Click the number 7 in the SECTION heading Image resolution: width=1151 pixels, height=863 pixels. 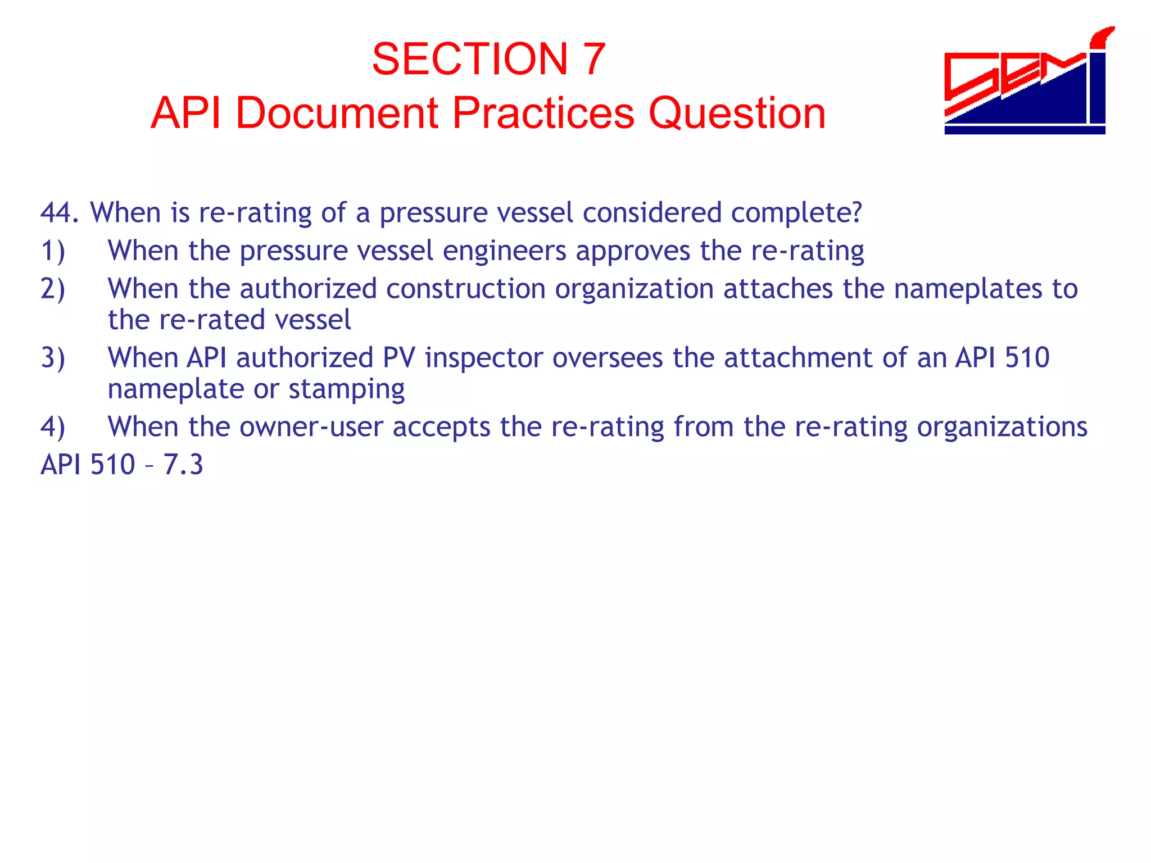(593, 59)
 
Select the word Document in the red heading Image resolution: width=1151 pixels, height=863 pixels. (336, 113)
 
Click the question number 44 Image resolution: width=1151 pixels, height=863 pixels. (59, 212)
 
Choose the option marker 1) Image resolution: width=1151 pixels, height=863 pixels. (53, 251)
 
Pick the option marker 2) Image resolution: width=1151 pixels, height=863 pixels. (53, 289)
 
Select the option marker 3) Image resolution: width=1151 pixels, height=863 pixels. (53, 358)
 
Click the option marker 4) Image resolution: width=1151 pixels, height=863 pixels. (53, 426)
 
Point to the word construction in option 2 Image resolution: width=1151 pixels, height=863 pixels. (465, 289)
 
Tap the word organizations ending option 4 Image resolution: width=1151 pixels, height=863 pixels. (1002, 426)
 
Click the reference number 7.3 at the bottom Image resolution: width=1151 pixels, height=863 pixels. (183, 465)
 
